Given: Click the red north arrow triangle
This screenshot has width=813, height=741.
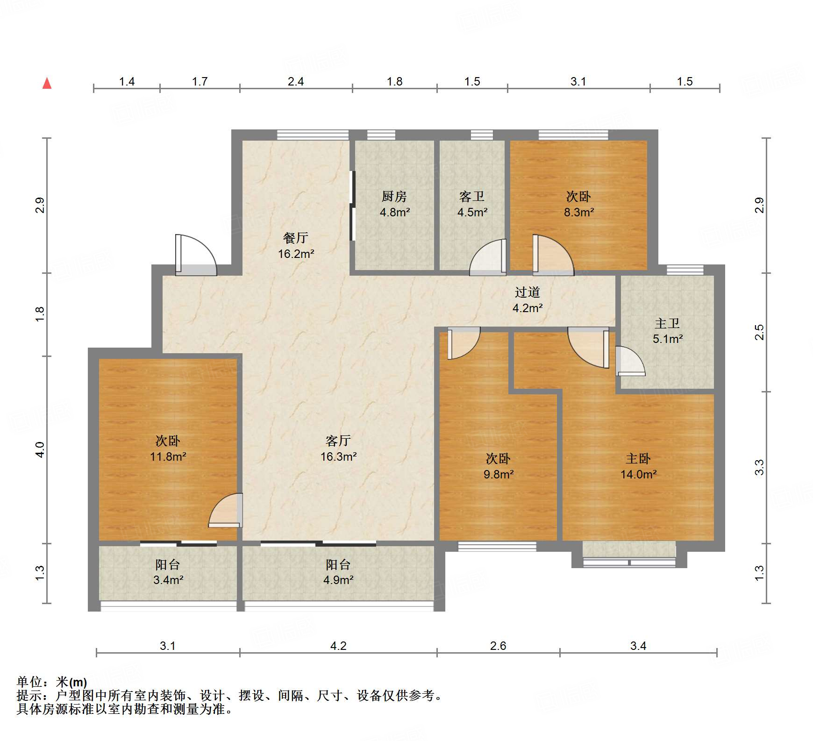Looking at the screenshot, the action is point(47,83).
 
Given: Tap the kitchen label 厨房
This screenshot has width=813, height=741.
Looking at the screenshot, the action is point(394,197).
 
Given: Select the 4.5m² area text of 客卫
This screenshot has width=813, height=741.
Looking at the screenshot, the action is point(472,213).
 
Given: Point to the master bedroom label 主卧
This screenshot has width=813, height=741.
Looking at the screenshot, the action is point(638,459).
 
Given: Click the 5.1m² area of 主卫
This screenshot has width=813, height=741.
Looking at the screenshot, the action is point(668,339).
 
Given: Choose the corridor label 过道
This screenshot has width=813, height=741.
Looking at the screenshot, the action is point(528,292).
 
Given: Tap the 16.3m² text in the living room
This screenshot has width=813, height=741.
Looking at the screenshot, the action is point(339,457).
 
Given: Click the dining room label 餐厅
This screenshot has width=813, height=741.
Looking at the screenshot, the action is point(296,238).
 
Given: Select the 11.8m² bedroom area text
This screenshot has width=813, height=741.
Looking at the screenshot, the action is point(168,457).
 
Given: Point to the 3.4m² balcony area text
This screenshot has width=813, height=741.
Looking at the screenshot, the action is point(168,580).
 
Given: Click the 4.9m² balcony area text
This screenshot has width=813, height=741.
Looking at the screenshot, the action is point(338,580).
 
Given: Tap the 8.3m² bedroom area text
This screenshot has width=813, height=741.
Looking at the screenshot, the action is point(579,213).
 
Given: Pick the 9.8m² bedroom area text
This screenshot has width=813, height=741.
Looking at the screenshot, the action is point(499,475).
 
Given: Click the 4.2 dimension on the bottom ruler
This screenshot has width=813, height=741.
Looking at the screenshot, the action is point(338,646).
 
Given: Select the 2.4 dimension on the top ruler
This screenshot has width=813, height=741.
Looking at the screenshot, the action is point(296,82).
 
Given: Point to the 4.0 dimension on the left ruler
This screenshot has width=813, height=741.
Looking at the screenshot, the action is point(40,450).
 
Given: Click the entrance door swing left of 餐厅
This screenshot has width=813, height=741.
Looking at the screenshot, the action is point(196,255).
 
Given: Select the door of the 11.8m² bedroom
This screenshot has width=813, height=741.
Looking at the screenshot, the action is point(226,511).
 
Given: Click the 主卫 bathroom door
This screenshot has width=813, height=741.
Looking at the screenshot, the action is point(630,361).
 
